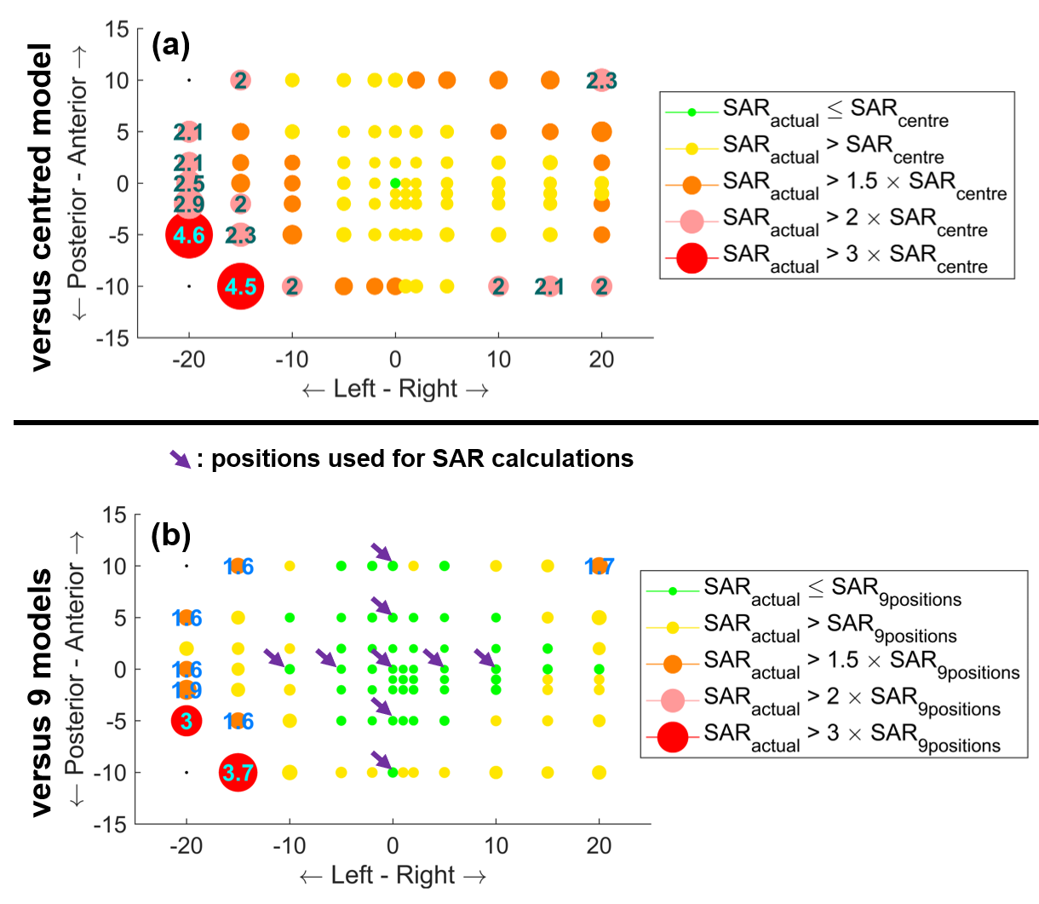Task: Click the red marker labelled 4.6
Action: tap(188, 236)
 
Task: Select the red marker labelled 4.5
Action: tap(240, 286)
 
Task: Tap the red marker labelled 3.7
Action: tap(238, 773)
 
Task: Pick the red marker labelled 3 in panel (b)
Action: tap(186, 721)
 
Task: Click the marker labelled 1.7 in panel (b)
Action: tap(600, 566)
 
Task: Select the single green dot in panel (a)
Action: tap(394, 183)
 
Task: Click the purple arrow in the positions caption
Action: tap(180, 458)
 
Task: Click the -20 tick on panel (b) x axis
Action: tap(186, 848)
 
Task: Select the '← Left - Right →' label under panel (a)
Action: tap(394, 389)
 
